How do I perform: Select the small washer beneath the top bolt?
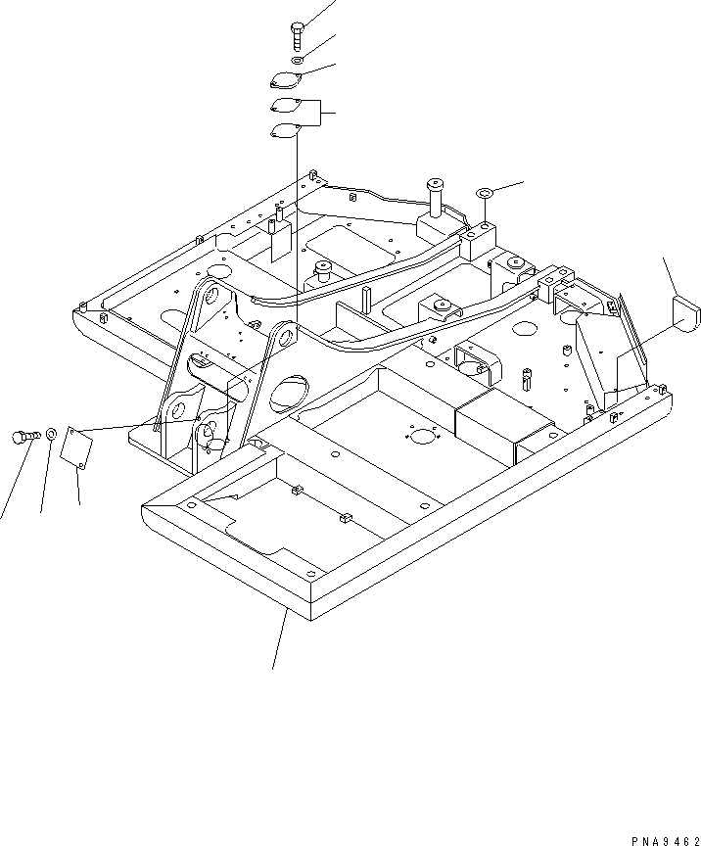[296, 63]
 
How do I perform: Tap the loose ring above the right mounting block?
[485, 194]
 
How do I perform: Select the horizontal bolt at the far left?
[23, 437]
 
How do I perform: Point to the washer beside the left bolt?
[51, 434]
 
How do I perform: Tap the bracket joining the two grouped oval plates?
[318, 116]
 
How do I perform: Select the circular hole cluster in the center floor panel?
[423, 437]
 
